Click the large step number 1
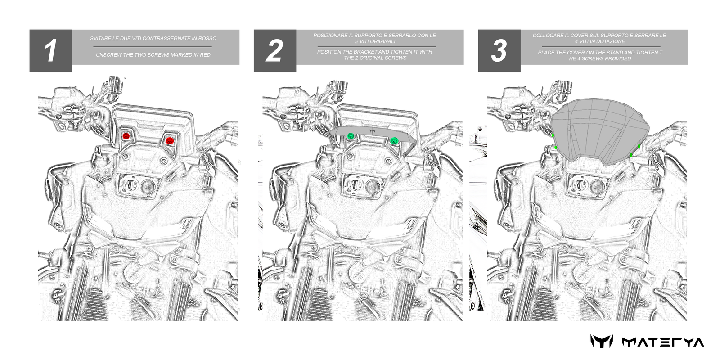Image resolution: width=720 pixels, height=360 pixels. (50, 51)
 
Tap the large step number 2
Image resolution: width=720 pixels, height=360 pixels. (274, 51)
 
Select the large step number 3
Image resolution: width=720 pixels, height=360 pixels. (499, 51)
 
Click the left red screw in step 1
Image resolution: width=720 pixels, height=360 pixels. (126, 136)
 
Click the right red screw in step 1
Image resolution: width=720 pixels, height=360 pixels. (169, 141)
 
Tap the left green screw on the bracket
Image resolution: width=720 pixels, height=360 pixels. (351, 136)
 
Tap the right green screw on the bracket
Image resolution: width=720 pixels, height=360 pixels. (394, 140)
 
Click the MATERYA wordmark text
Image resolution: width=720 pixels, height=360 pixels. (663, 342)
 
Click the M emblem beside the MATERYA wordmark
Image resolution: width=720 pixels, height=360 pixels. (602, 342)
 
